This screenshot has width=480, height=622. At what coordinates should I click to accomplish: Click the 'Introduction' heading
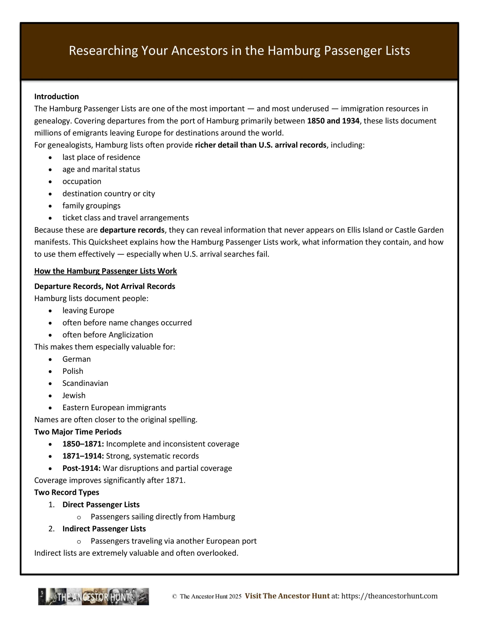coord(56,96)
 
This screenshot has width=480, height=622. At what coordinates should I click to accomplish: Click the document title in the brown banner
coord(239,51)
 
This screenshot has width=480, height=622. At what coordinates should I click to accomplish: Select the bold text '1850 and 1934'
coord(333,121)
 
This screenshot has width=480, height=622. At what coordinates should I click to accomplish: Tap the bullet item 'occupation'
coord(82,181)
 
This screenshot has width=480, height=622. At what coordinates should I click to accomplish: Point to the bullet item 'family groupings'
coord(91,206)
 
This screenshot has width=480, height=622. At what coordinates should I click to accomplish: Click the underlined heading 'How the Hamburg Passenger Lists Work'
coord(106,271)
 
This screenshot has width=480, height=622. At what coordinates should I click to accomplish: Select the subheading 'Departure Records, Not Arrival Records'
coord(105,286)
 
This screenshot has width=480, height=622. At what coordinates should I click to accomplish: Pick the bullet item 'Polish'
coord(73,371)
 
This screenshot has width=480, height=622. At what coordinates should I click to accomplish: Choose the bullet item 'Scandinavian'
coord(85,383)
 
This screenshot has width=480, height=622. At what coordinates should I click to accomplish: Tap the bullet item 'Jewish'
coord(74,395)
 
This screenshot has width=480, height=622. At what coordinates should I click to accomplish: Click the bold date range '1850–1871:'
coord(83,444)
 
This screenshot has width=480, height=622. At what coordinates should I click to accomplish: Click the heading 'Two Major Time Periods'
coord(78,432)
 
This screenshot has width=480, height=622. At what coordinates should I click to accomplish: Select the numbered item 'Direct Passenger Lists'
coord(101,505)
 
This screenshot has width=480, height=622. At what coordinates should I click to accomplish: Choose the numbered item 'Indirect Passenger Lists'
coord(104,529)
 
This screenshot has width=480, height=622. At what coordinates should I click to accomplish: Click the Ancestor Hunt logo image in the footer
coord(94,597)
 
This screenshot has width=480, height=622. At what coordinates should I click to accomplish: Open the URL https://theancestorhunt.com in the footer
coord(389,596)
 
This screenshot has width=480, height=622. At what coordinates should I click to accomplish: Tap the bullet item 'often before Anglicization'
coord(108,335)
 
